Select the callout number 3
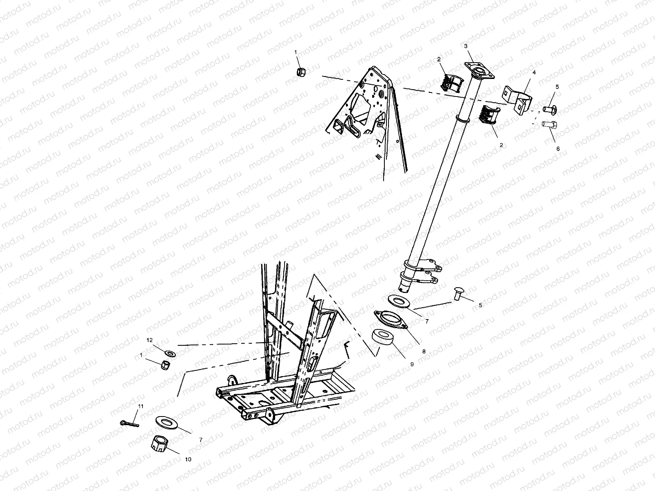tap(465, 46)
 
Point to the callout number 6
tap(558, 149)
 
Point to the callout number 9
tap(412, 364)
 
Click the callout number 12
tap(150, 340)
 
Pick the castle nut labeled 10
tap(158, 443)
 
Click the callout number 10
tap(188, 459)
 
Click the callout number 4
tap(534, 72)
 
